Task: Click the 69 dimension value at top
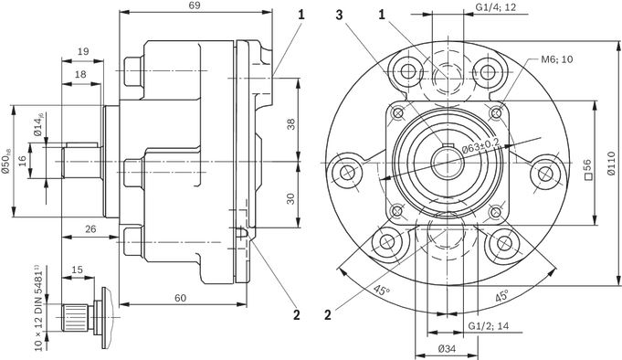pyautogui.click(x=195, y=5)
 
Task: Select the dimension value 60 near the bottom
pyautogui.click(x=181, y=298)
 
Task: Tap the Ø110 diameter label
pyautogui.click(x=611, y=163)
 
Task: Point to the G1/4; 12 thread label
pyautogui.click(x=496, y=6)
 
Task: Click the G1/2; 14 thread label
pyautogui.click(x=489, y=326)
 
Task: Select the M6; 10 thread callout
pyautogui.click(x=557, y=59)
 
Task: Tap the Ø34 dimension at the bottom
pyautogui.click(x=447, y=349)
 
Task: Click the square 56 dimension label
pyautogui.click(x=587, y=169)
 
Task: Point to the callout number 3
pyautogui.click(x=339, y=16)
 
